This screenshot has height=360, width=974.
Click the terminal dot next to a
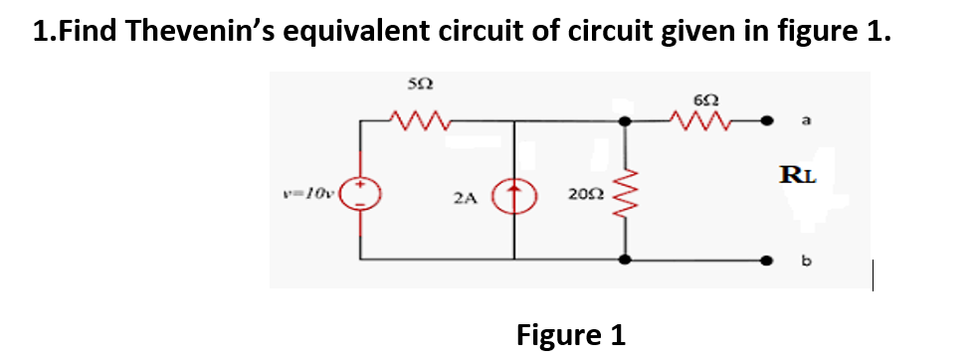point(769,121)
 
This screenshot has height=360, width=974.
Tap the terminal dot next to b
point(769,261)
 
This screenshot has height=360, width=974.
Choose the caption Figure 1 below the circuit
point(570,334)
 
